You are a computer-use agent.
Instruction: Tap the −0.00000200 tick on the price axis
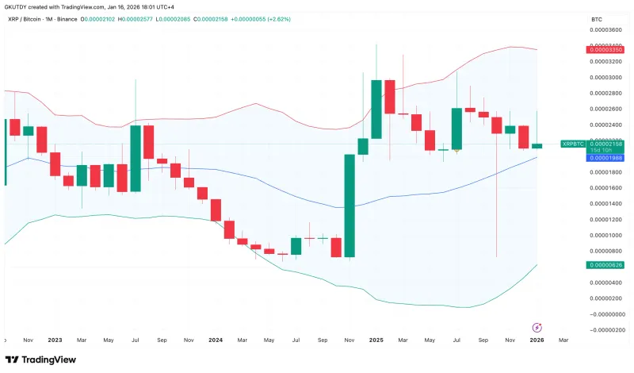[605, 329]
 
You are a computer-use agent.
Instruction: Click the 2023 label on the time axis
[55, 340]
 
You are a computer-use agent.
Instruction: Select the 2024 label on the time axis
[215, 340]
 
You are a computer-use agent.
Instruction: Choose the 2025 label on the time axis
[376, 340]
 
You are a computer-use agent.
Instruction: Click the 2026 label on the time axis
[537, 340]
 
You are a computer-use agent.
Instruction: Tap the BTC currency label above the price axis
[597, 18]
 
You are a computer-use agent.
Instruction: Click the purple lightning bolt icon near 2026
[537, 327]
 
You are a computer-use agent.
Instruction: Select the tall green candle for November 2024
[349, 206]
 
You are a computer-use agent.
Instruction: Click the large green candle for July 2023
[136, 158]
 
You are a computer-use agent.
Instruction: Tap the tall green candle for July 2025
[456, 129]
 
